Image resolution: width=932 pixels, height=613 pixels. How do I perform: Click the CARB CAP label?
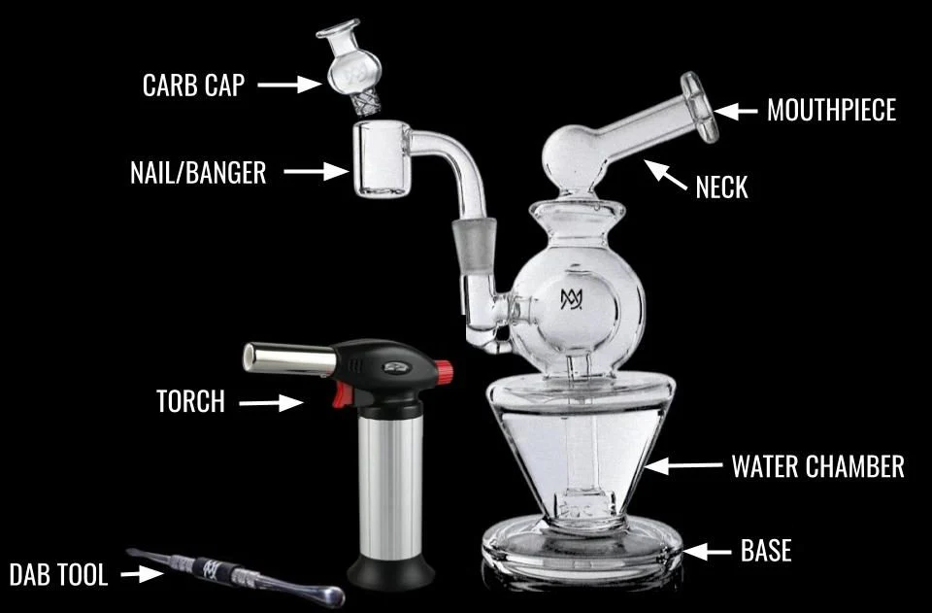tap(193, 85)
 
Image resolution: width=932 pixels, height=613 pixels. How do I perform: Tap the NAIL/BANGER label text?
tap(198, 173)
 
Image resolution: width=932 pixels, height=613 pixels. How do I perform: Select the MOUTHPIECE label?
tap(831, 110)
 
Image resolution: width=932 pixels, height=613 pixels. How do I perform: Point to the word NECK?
tap(721, 187)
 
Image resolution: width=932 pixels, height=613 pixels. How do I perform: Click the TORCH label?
tap(190, 401)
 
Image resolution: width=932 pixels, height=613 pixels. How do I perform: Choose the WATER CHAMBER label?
tap(817, 466)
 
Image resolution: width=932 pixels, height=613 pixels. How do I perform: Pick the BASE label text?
tap(766, 552)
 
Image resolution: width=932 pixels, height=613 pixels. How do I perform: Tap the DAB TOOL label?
tap(58, 574)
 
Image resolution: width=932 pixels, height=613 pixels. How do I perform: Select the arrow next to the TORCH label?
tap(271, 402)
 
